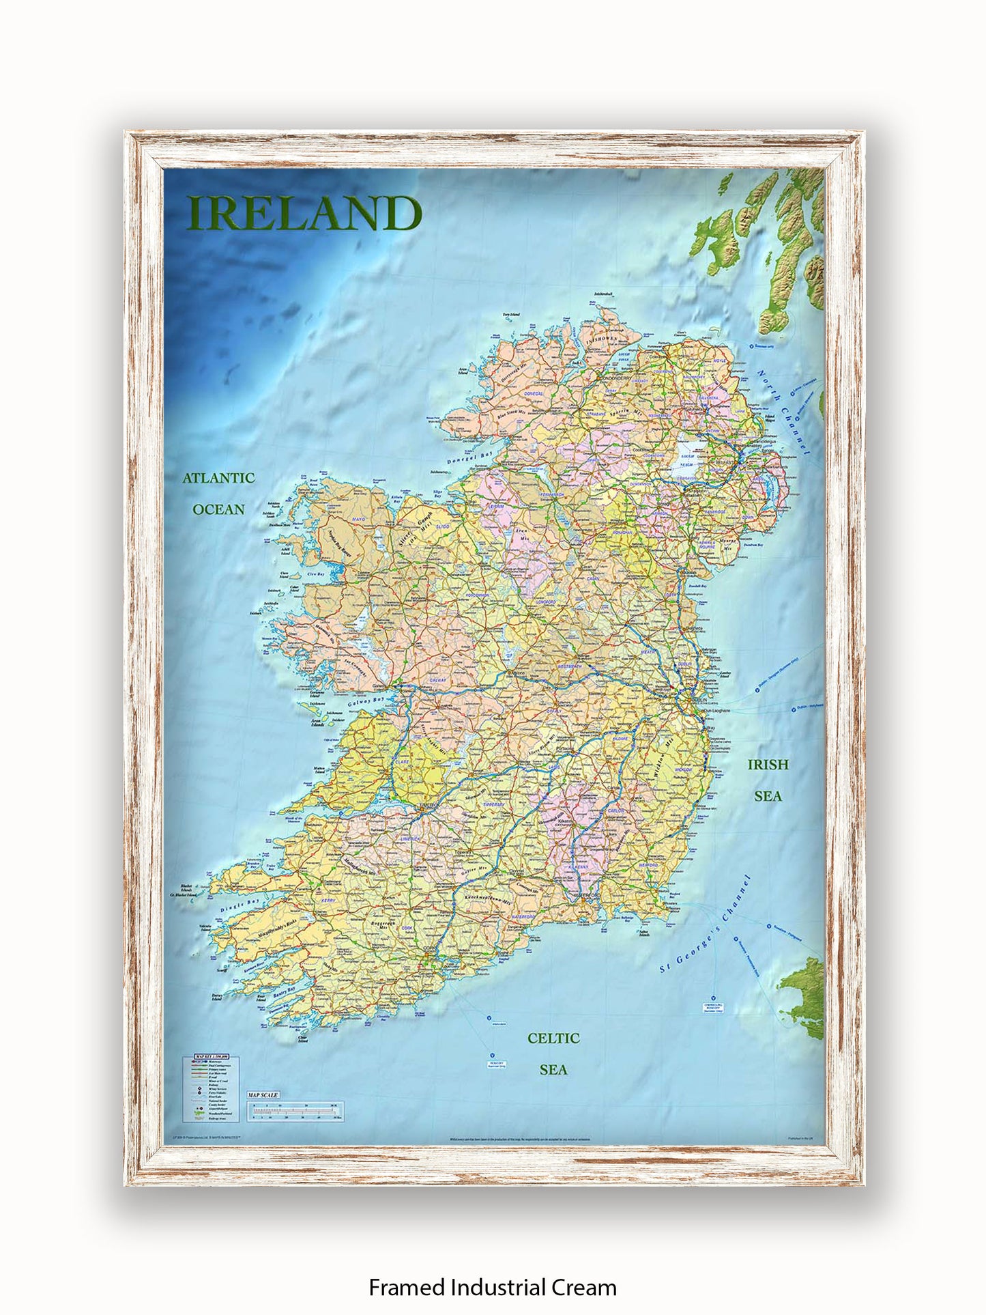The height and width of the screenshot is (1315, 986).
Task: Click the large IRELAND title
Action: point(304,214)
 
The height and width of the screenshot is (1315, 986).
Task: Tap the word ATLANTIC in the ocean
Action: point(218,479)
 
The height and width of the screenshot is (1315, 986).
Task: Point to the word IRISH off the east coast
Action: point(768,765)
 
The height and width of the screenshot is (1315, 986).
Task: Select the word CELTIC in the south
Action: point(553,1038)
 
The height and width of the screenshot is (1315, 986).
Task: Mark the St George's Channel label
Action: point(706,924)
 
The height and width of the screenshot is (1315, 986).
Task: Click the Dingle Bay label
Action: point(240,906)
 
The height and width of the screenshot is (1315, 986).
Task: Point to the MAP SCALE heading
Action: point(263,1096)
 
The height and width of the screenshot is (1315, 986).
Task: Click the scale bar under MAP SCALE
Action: point(295,1111)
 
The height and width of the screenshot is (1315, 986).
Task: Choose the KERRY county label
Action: point(328,901)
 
